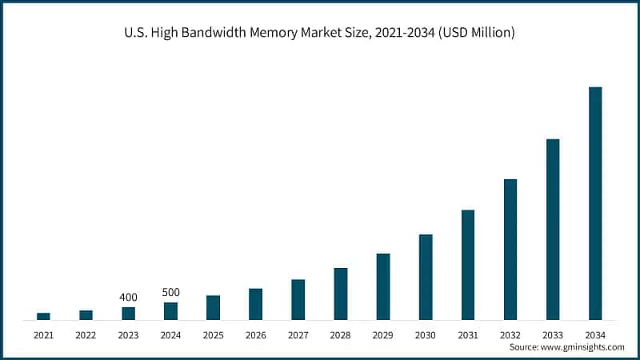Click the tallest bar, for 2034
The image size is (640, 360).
[595, 203]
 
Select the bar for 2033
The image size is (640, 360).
[553, 230]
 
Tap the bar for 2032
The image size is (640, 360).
[510, 249]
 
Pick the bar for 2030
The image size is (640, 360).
[426, 277]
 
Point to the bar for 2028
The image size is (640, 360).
[341, 294]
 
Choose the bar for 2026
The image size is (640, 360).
[255, 304]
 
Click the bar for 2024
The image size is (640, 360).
[170, 311]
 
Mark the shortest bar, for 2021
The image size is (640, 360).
[43, 316]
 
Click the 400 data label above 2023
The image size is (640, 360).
[128, 298]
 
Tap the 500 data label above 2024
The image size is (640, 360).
[170, 293]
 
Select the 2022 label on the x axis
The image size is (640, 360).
[86, 334]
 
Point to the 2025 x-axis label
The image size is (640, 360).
[213, 334]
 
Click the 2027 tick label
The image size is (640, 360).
[298, 334]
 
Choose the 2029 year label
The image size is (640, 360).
[383, 334]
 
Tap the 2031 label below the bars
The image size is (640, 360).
[468, 334]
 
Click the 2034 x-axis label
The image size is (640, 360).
[595, 334]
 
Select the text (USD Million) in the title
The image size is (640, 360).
[474, 33]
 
